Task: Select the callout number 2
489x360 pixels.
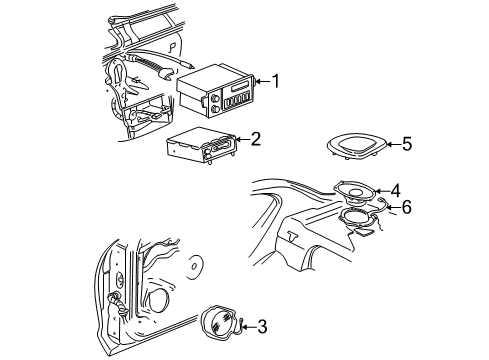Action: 256,139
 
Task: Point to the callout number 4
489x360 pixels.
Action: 396,190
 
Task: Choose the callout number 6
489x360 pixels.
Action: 407,207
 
